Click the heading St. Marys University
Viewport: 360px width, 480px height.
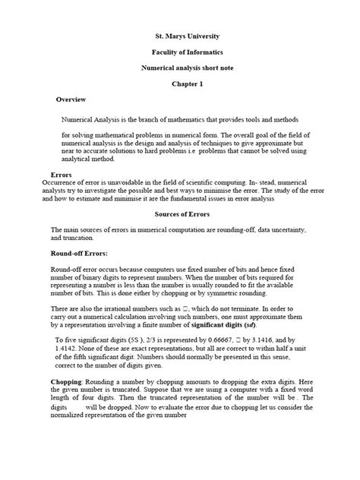click(180, 36)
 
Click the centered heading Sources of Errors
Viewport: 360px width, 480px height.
click(180, 214)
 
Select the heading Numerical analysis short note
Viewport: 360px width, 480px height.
click(180, 68)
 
